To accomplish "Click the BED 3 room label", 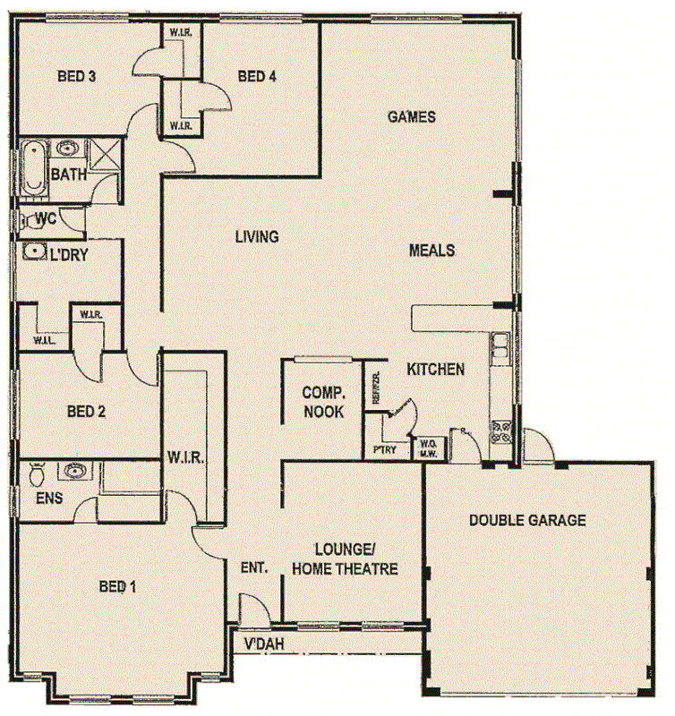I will coord(77,76).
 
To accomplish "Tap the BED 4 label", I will coord(257,76).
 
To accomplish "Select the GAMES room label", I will coord(411,116).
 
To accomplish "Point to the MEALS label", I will coord(431,251).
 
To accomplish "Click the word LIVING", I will coord(257,237).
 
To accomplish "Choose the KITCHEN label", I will coord(436,369).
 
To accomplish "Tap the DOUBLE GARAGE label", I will coord(527,520).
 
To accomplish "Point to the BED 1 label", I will coord(117,587).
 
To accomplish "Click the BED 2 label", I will coord(87,412).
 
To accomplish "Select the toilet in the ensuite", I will coord(35,472).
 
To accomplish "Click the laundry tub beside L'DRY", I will coord(34,251).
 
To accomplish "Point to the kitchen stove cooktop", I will coord(500,432).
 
